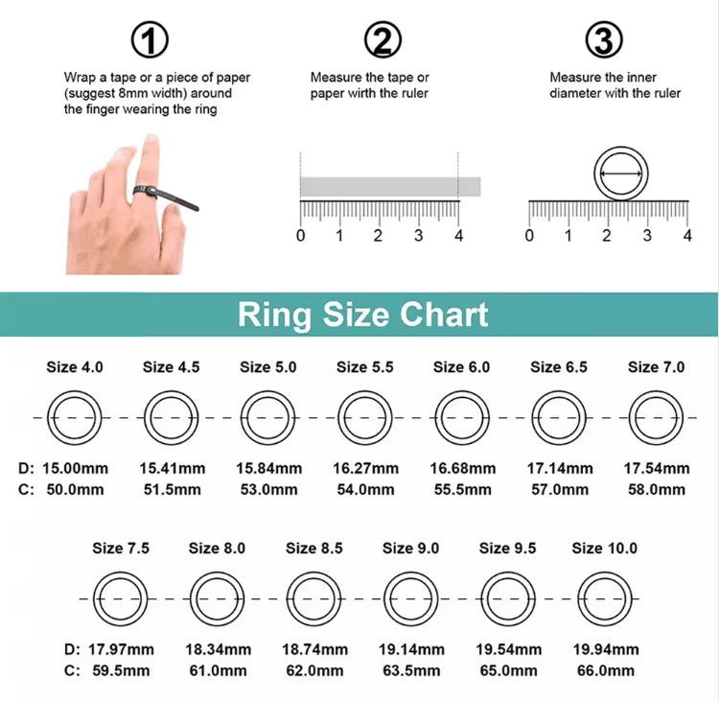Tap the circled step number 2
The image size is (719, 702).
tap(383, 40)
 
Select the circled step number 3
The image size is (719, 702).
tap(603, 40)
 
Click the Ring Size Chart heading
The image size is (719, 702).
tap(362, 315)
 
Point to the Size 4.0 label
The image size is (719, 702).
tap(75, 367)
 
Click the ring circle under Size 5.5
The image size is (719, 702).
tap(365, 418)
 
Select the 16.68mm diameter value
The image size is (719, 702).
tap(463, 469)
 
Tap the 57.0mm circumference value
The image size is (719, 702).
tap(561, 489)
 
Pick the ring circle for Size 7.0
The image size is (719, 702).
tap(657, 418)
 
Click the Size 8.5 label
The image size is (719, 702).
tap(313, 549)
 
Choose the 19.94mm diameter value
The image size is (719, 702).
tap(604, 649)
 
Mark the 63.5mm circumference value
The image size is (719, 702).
tap(411, 670)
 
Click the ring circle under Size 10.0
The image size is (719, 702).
tap(604, 598)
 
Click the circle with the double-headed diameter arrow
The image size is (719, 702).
tap(620, 174)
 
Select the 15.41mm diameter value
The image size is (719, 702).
tap(172, 469)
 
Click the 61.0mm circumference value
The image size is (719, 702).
tap(218, 670)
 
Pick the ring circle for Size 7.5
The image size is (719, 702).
tap(120, 598)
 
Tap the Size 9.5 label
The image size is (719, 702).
tap(507, 549)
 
